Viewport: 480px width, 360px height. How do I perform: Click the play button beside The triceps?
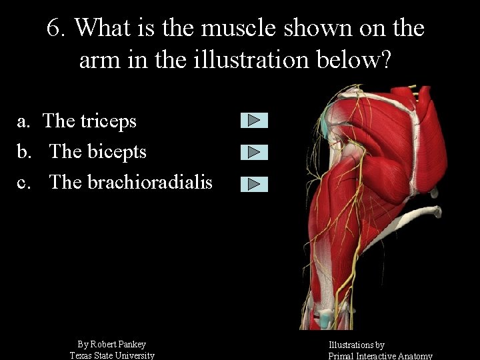254,120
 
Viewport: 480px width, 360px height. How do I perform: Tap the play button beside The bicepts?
254,152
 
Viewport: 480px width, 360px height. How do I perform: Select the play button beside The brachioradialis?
254,184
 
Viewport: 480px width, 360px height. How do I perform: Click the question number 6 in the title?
56,28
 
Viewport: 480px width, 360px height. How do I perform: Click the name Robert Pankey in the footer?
119,344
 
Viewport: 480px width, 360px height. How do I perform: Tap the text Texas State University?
112,355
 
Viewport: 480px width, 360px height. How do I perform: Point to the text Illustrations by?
356,345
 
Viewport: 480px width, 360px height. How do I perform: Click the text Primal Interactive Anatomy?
381,356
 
